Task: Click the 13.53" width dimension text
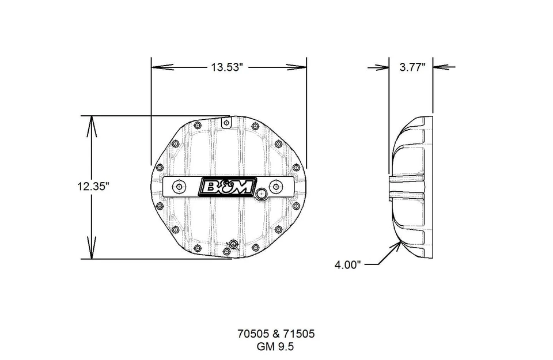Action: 229,67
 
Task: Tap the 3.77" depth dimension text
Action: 412,67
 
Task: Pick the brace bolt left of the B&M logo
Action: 179,187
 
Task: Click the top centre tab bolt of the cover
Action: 226,122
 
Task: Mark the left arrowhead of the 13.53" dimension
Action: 157,67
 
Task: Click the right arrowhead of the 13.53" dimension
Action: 301,67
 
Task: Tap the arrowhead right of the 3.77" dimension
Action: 439,67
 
